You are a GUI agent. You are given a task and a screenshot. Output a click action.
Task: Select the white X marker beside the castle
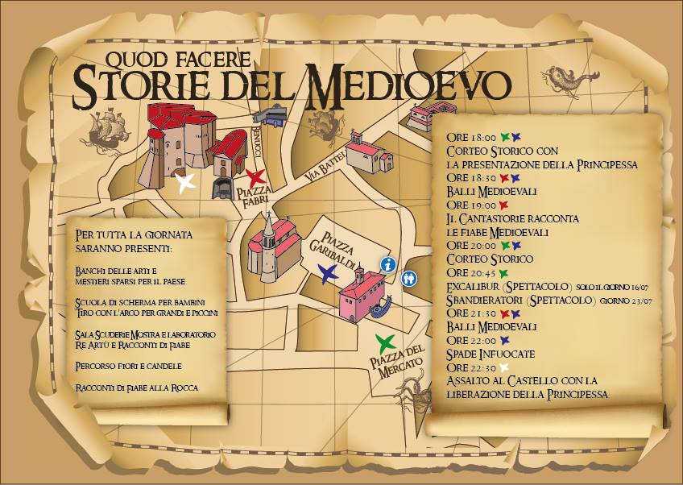pos(186,183)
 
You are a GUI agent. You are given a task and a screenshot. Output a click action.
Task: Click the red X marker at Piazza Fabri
pos(256,178)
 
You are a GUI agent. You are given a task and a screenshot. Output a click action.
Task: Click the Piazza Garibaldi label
pos(350,245)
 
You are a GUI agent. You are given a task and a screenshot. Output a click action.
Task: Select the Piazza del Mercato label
pos(398,367)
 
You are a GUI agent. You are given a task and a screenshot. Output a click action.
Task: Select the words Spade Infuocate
pos(491,354)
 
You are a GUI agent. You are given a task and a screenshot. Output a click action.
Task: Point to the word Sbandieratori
pos(486,300)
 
